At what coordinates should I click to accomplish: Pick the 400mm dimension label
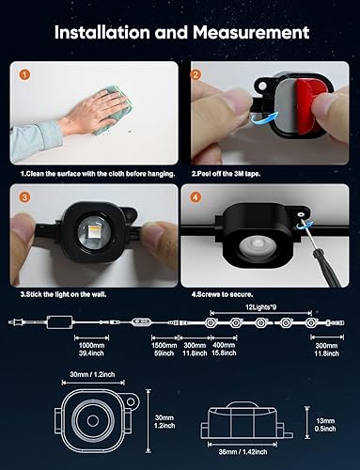tap(225, 344)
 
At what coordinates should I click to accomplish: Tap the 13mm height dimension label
tap(327, 420)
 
